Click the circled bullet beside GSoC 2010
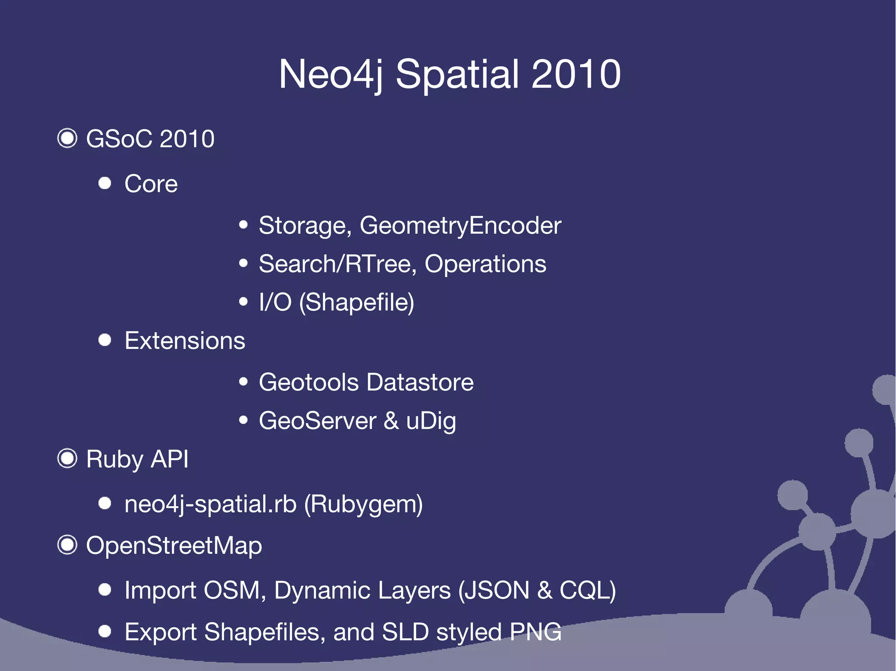(67, 139)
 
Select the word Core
(151, 184)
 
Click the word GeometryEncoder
(460, 226)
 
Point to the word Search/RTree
(335, 264)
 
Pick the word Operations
(485, 264)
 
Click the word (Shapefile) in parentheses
(357, 302)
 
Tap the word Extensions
(185, 341)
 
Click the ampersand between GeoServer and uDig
(391, 421)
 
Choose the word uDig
(431, 421)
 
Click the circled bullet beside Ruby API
(67, 459)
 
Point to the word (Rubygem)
(363, 504)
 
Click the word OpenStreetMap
(174, 546)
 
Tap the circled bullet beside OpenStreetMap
(67, 545)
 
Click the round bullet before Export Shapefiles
(105, 631)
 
